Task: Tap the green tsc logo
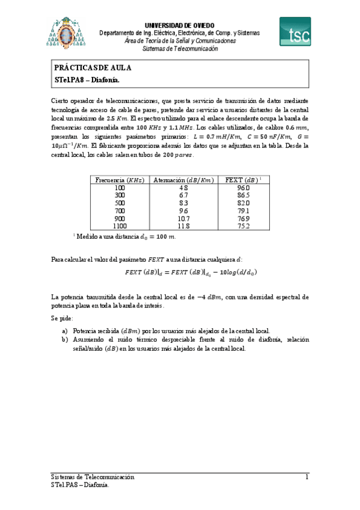coord(295,31)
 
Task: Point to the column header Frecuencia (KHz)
coord(119,180)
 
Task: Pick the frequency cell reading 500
coord(119,203)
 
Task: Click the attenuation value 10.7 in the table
coord(183,219)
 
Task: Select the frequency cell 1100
coord(119,227)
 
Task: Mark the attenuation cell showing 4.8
coord(183,188)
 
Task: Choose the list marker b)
coord(64,340)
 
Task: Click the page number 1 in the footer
coord(307,477)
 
